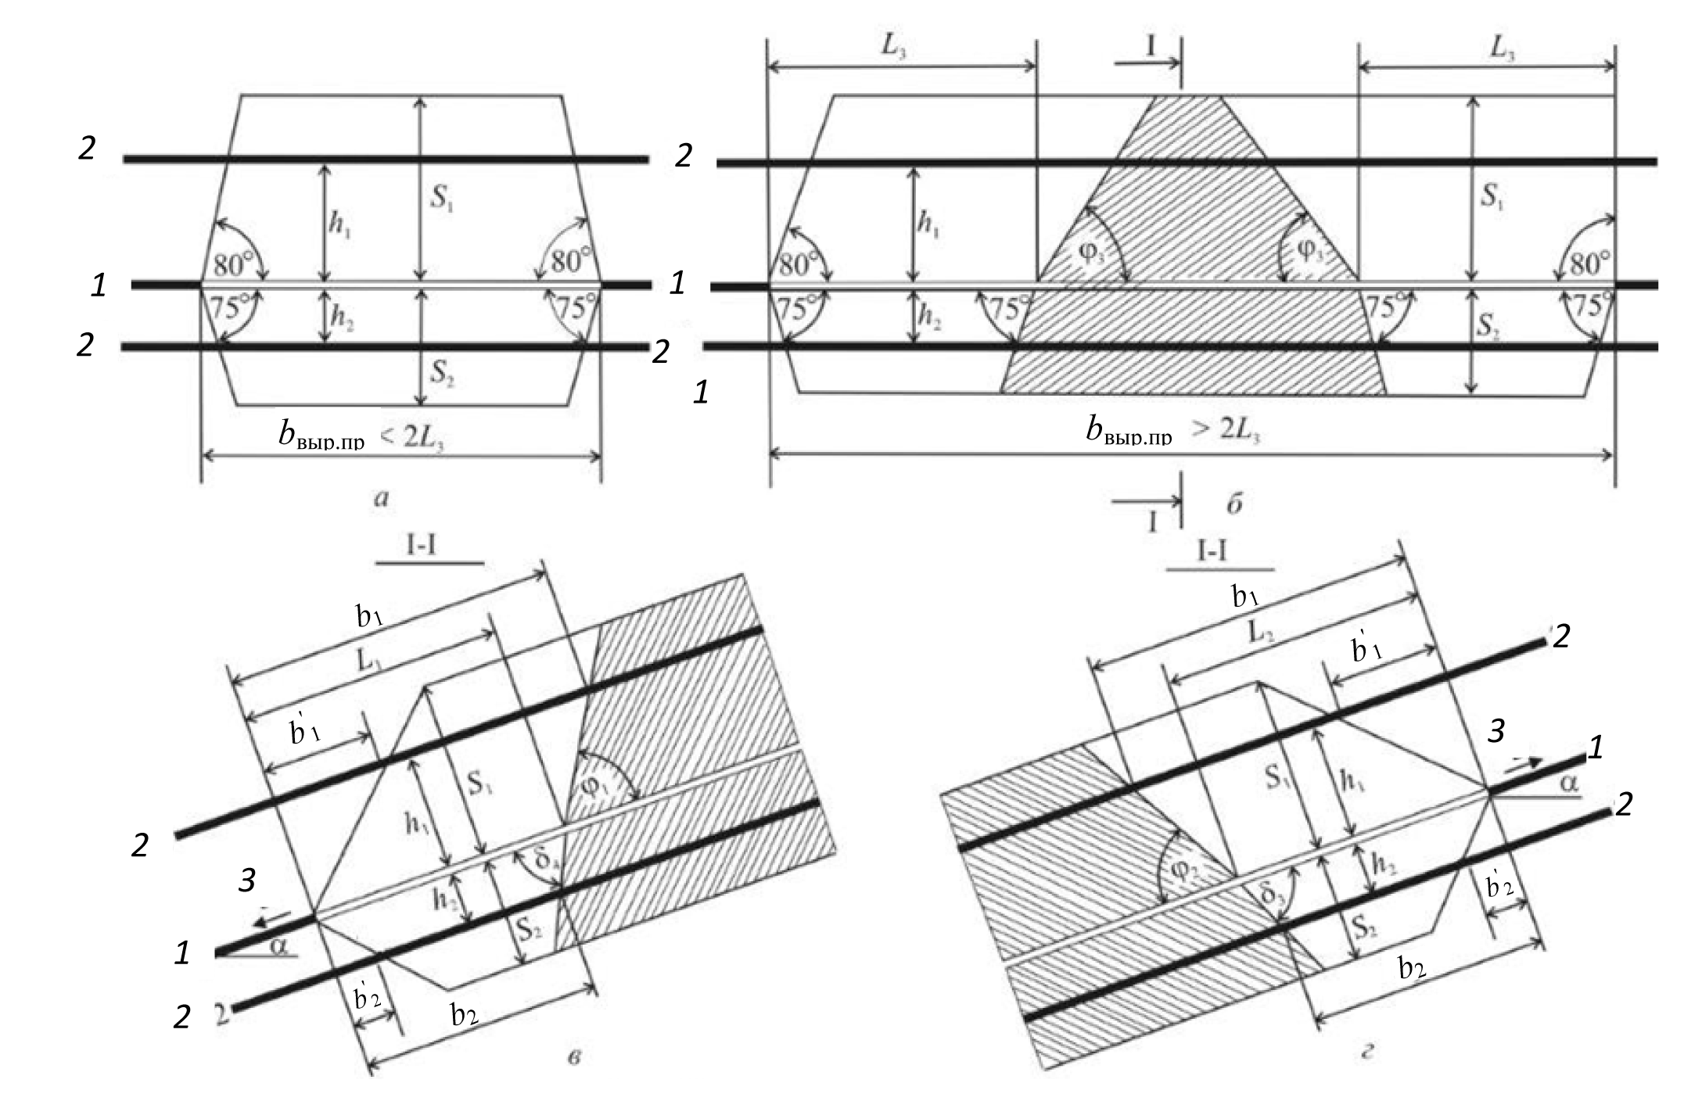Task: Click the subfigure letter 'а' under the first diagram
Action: [x=381, y=497]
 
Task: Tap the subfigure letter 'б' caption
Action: [x=1234, y=504]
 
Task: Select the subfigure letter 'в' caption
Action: [x=575, y=1058]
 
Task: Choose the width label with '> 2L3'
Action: [x=1173, y=431]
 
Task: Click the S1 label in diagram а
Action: [x=442, y=198]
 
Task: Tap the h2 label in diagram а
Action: [x=341, y=316]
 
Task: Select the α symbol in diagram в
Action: [x=280, y=948]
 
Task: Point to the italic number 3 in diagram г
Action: [x=1495, y=731]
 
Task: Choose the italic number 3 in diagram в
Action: [x=246, y=880]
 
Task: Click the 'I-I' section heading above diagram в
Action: [x=421, y=545]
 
